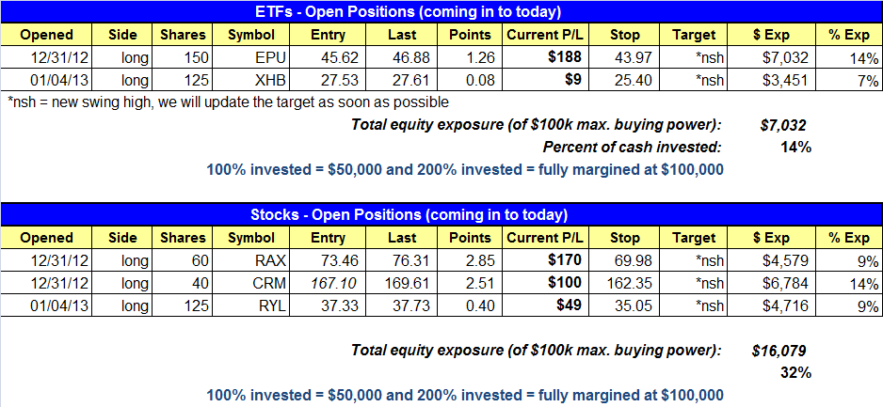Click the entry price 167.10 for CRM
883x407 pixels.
pos(329,284)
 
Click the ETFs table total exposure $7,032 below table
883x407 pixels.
pos(783,125)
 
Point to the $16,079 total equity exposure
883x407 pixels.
pos(779,352)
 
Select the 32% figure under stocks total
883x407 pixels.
pos(795,372)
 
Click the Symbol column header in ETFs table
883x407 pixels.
pos(251,35)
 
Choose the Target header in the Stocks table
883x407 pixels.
pos(694,238)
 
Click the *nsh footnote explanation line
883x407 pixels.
pos(229,102)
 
